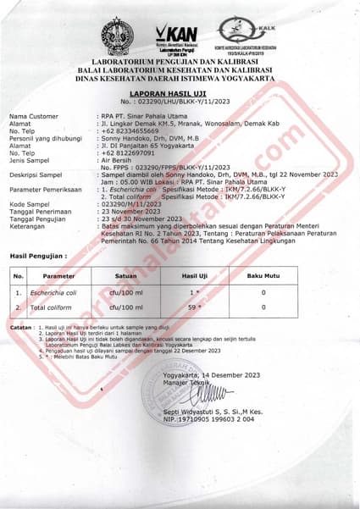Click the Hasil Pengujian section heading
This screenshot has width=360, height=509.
pyautogui.click(x=37, y=254)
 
